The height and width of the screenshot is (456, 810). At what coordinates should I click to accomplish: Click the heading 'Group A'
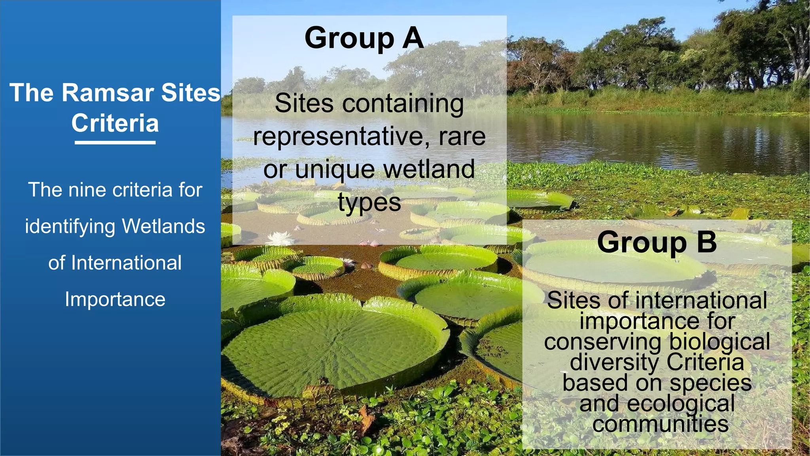point(364,38)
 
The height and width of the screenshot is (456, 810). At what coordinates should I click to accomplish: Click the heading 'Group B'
point(657,242)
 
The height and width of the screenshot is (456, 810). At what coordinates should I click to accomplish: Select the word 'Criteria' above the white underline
point(115,123)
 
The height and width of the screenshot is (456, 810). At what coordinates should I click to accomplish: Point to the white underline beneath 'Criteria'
point(115,142)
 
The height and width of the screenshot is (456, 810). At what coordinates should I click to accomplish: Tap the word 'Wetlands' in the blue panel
point(163,226)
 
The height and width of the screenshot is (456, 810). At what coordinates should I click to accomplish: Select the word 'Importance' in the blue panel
point(115,299)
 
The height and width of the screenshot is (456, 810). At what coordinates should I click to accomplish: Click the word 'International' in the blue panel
point(126,263)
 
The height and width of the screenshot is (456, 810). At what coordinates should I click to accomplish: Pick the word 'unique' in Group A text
point(335,169)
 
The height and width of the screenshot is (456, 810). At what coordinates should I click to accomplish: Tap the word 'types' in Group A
point(369,203)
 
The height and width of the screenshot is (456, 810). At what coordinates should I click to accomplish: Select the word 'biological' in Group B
point(719,342)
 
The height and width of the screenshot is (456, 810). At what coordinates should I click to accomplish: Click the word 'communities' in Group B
point(660,424)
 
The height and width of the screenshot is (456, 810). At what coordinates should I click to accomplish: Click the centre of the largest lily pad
point(334,348)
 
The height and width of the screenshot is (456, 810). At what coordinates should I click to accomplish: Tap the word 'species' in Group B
point(710,383)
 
